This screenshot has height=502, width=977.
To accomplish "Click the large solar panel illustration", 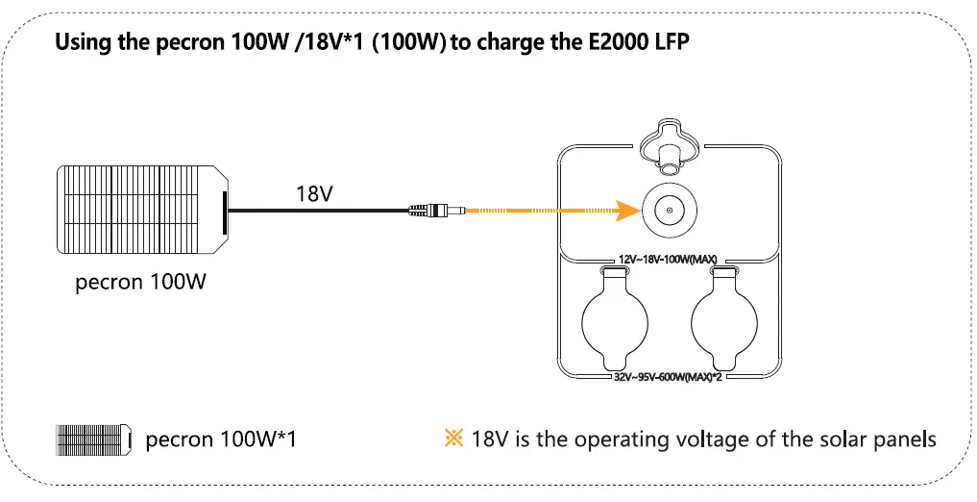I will click(x=142, y=210).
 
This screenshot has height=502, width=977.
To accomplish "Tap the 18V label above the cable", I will click(x=314, y=192).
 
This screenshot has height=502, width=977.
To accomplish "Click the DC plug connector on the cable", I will click(x=437, y=210).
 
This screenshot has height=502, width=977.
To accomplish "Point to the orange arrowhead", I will click(x=626, y=210).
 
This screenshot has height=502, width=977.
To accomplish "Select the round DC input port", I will click(x=669, y=209).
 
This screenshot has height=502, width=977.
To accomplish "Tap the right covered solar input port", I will click(x=722, y=324).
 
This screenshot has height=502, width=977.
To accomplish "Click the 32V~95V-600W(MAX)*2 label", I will click(x=669, y=378).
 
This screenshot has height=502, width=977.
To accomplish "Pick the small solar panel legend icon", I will click(x=93, y=439).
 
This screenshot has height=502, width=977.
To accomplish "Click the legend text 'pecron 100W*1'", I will click(x=221, y=439).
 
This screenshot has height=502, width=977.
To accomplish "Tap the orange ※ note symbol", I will click(x=453, y=439).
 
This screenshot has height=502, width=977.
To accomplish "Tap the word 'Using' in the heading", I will click(x=80, y=43).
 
